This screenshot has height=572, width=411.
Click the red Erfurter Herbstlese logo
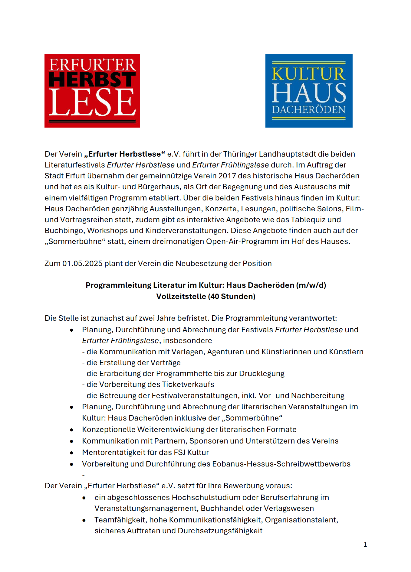[x=92, y=91]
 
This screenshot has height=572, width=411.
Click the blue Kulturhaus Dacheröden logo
[x=309, y=91]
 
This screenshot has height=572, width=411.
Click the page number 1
[x=365, y=544]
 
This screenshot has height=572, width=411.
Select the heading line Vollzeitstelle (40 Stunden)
[x=206, y=296]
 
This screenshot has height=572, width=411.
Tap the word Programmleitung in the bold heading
[x=118, y=285]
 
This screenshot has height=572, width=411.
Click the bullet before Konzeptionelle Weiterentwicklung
[x=71, y=430]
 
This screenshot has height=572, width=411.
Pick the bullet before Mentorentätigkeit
[x=71, y=453]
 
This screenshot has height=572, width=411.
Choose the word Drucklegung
[x=262, y=373]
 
